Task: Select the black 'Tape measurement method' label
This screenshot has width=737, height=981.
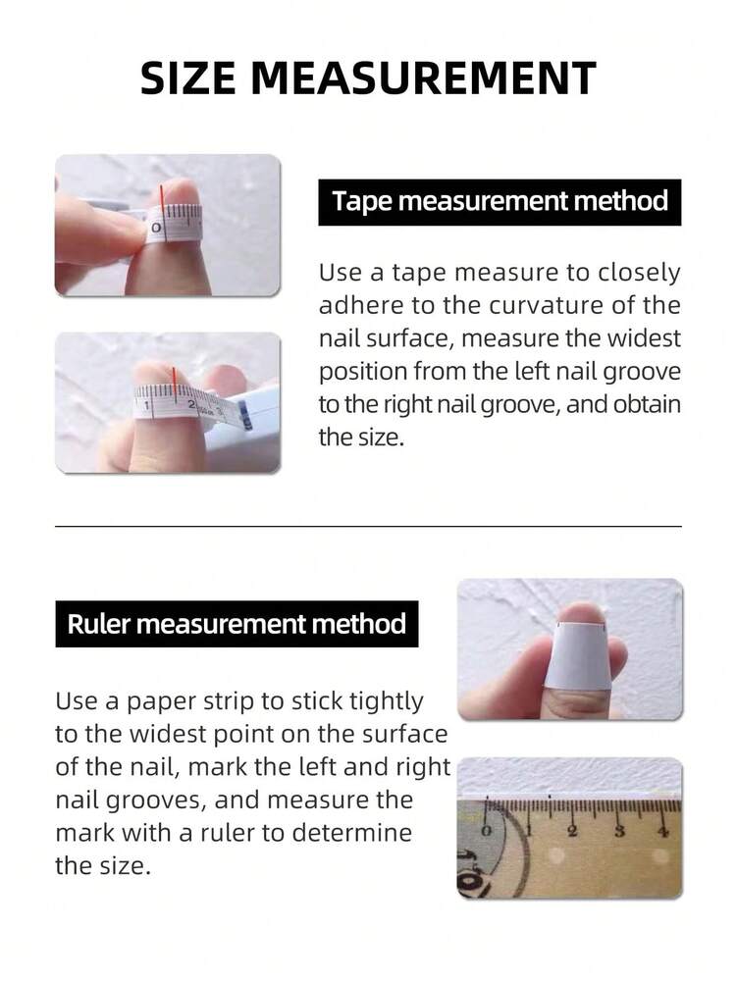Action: pos(500,202)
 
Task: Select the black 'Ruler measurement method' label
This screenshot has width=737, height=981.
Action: pos(237,624)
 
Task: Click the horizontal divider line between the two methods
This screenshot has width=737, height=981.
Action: pos(368,527)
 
